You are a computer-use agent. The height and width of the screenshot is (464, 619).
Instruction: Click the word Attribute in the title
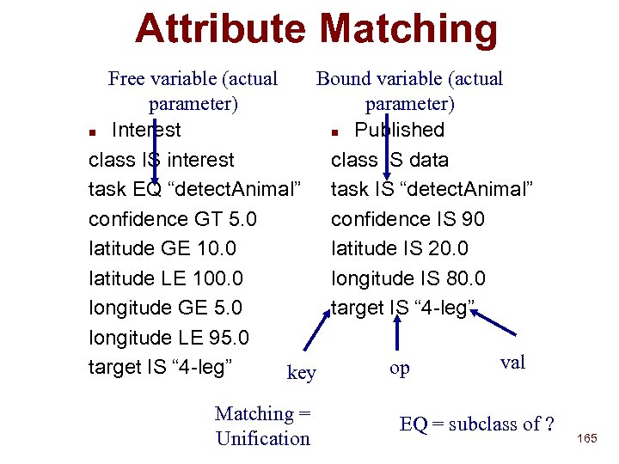(x=219, y=28)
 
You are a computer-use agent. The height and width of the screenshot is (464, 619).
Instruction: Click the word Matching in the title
(x=408, y=28)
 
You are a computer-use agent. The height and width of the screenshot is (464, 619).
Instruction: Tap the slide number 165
(x=587, y=438)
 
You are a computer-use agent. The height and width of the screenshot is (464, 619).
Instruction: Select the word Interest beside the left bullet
(x=146, y=130)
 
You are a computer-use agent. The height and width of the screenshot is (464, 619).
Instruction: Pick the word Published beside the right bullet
(x=399, y=130)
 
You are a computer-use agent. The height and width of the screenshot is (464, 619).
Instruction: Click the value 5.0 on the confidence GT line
(x=238, y=219)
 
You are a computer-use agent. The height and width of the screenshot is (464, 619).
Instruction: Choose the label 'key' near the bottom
(x=301, y=372)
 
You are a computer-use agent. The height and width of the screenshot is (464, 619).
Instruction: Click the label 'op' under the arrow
(x=399, y=368)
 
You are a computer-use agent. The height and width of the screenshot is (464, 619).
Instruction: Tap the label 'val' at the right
(x=512, y=362)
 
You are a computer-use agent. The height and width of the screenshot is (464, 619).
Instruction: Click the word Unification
(x=263, y=438)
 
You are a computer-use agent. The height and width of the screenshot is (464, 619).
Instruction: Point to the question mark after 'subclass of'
(x=549, y=424)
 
